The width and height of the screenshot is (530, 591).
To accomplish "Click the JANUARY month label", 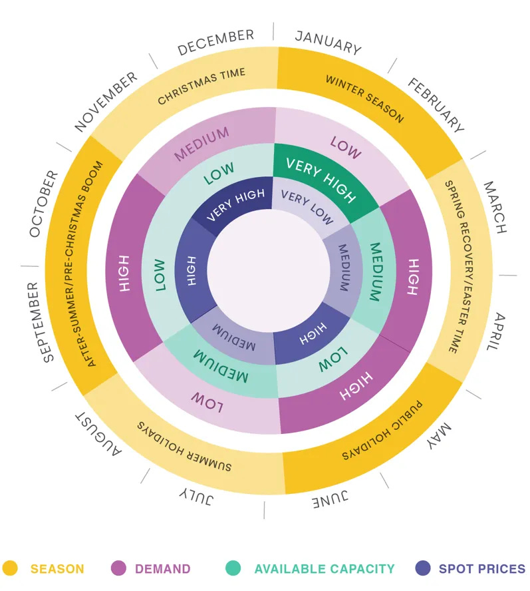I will (x=329, y=42).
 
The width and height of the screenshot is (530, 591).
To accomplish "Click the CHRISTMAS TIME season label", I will (x=201, y=86).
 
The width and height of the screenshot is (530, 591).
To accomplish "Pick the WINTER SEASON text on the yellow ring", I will (x=364, y=98).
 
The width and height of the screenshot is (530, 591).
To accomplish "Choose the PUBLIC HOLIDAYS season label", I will (x=382, y=435).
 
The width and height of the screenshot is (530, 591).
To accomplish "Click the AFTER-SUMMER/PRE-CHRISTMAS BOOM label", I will (x=96, y=263).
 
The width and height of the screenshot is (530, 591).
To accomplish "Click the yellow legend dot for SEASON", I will (x=10, y=568).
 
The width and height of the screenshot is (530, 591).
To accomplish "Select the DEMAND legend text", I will (x=162, y=569).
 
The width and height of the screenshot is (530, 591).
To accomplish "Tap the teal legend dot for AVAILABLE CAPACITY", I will (x=233, y=568).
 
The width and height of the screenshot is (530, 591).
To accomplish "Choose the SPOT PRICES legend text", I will (x=481, y=569).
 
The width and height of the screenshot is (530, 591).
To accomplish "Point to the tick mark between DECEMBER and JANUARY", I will (x=273, y=31).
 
